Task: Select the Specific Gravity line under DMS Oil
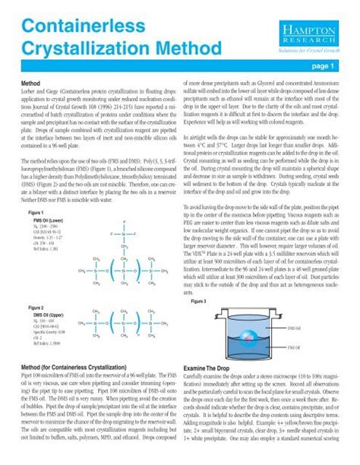[49, 332]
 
